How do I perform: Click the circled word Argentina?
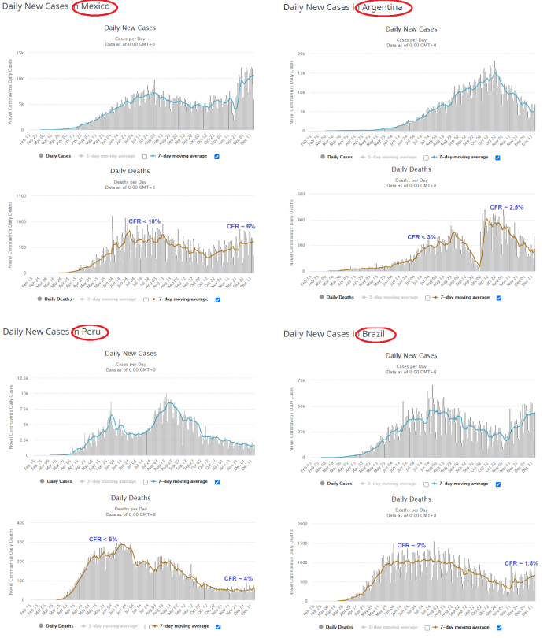point(383,8)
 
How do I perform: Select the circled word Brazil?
point(379,335)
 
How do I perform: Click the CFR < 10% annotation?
point(145,221)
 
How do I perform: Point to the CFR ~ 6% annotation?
point(241,226)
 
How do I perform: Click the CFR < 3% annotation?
point(421,236)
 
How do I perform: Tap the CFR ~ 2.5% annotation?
point(506,207)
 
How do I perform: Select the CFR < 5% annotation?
point(103,539)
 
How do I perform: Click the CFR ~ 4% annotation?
point(238,578)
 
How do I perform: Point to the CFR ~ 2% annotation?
point(411,545)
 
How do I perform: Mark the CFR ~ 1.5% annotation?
point(522,563)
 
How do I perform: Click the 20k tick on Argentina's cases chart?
point(300,54)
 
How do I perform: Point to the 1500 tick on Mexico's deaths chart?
point(22,196)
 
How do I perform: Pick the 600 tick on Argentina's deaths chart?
point(301,194)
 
